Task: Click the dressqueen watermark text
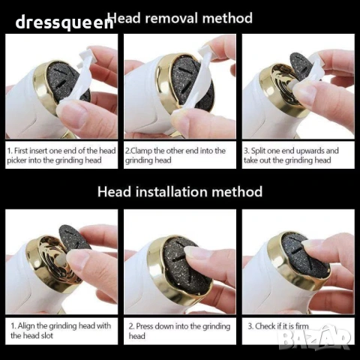64,22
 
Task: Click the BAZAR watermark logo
314,338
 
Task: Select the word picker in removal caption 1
16,160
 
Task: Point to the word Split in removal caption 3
259,151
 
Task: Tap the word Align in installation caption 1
26,326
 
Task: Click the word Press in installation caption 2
145,326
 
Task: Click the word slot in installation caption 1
47,335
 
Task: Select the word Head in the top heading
124,19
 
